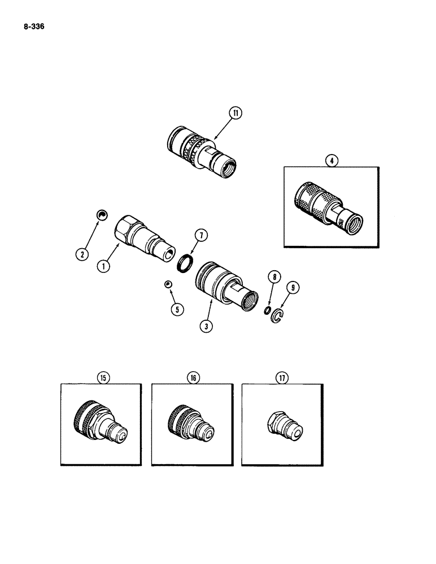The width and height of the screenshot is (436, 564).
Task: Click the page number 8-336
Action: coord(31,26)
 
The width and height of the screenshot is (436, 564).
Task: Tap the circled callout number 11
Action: coord(235,113)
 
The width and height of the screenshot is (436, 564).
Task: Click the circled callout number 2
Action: coord(82,255)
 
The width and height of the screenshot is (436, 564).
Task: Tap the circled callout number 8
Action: coord(274,277)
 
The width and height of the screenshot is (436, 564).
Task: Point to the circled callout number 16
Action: coord(194,378)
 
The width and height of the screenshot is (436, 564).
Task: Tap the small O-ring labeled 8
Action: coord(266,310)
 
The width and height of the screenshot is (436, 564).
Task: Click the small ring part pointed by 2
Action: coord(102,215)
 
